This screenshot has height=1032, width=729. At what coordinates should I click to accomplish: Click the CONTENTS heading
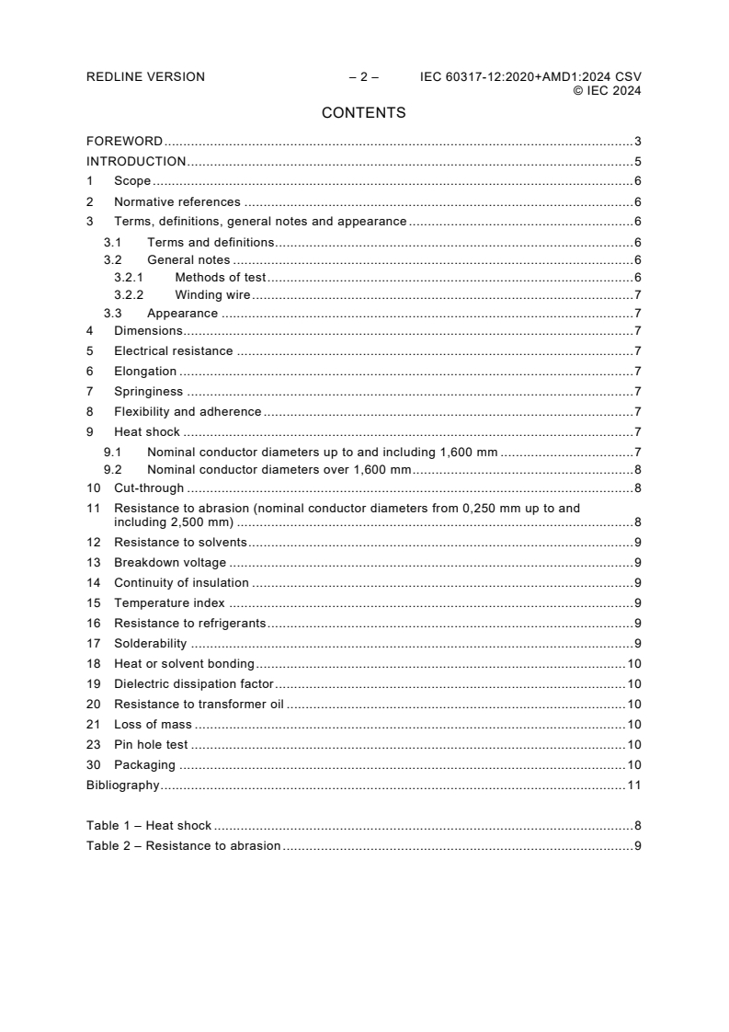point(364,113)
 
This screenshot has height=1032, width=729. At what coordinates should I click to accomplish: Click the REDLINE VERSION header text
point(145,77)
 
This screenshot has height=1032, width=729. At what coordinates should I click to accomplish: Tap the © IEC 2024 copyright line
point(607,90)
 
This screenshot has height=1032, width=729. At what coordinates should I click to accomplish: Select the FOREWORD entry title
point(124,142)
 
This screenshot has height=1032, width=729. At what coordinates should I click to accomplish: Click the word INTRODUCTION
point(136,161)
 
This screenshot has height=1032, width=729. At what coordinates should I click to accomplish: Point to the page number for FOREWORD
point(637,142)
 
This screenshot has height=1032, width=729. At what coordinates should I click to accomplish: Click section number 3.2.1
point(129,277)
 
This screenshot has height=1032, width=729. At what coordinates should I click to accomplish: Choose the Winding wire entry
point(212,295)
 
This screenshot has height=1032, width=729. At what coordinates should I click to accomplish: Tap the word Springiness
point(148,392)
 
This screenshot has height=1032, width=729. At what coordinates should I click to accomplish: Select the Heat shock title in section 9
point(147,431)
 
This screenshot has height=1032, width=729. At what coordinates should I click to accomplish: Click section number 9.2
point(112,470)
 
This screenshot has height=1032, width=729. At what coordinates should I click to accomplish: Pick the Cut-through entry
point(149,488)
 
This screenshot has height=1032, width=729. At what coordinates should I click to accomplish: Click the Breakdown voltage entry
point(170,563)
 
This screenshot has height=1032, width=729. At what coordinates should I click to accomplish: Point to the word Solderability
point(150,644)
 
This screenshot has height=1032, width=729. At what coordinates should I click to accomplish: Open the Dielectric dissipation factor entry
point(194,684)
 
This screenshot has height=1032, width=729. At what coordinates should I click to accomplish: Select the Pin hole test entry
point(152,745)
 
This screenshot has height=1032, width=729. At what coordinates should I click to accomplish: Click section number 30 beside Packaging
point(94,765)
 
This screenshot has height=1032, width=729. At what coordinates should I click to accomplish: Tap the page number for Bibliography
point(634,785)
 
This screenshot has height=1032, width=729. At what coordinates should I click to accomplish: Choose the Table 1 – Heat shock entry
point(149,826)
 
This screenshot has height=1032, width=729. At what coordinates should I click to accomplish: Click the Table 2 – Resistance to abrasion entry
point(184,846)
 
